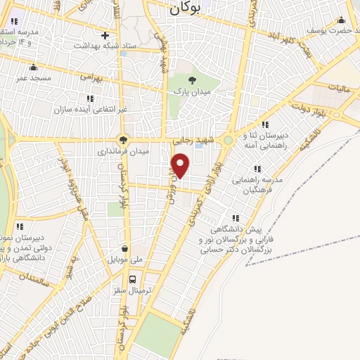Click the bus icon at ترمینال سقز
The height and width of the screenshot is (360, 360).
124,276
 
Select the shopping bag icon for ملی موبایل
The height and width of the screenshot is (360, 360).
125,248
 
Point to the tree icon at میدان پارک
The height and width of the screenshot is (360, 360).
193,79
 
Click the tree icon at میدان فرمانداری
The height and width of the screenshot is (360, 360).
124,139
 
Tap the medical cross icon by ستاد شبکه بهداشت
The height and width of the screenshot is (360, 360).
105,35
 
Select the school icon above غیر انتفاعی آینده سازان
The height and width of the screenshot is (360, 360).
89,98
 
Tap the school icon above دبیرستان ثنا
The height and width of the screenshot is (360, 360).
265,124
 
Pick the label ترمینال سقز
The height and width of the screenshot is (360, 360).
124,289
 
